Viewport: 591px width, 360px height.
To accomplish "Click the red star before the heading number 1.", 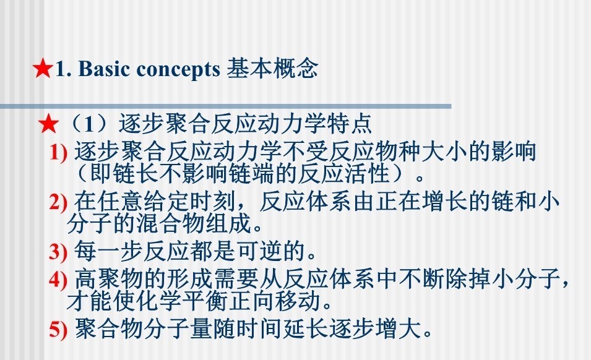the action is pos(42,68).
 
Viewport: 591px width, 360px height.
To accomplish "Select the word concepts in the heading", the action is pos(178,70).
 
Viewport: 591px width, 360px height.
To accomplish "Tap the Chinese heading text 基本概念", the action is pos(272,69).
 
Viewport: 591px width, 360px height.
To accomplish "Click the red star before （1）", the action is pos(49,124).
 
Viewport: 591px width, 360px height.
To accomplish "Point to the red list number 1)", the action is pos(58,153).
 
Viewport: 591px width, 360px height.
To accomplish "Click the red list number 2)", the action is pos(58,202).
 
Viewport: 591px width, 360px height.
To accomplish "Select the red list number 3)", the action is pos(58,252).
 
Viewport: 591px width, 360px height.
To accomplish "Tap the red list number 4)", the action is pos(58,280).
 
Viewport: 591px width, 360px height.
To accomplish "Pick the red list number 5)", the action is pos(58,328).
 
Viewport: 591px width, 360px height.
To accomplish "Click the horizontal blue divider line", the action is pos(225,106).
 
